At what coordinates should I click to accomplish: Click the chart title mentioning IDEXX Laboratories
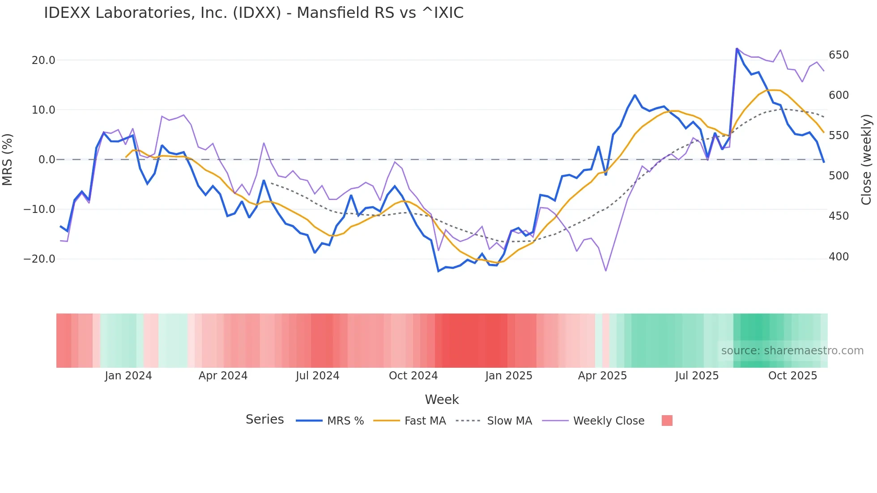click(x=253, y=13)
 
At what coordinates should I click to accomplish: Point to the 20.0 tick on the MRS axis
click(x=43, y=60)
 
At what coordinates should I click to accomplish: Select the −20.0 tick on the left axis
click(x=39, y=259)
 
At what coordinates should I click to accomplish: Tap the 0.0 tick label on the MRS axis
click(x=47, y=160)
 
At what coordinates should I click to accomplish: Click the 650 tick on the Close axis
click(x=839, y=55)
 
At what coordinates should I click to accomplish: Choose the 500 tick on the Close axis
click(x=839, y=176)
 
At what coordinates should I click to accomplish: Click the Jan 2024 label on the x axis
click(x=128, y=376)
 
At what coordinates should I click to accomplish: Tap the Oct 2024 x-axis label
click(x=413, y=376)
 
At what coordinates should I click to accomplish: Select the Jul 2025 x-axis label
click(x=697, y=376)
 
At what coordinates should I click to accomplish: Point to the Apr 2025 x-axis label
click(x=602, y=376)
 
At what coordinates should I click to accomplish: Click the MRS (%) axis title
click(x=8, y=159)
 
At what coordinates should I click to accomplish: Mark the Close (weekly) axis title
click(x=866, y=159)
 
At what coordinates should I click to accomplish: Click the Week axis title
click(x=442, y=399)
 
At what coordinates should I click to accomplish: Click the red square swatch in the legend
click(x=667, y=421)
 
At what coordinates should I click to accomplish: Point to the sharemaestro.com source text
click(x=792, y=351)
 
